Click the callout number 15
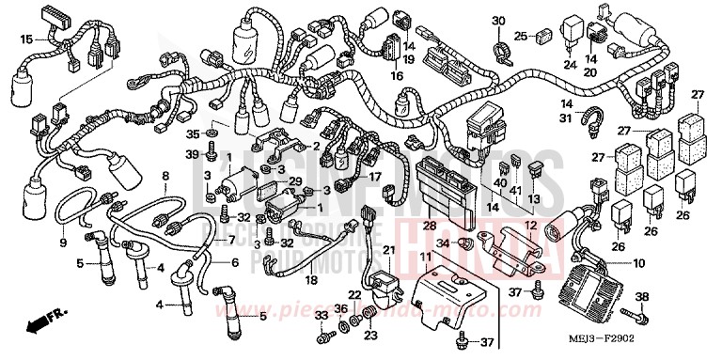point(27,39)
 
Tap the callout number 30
point(498,21)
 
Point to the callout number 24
point(569,65)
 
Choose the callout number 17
point(375,176)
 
